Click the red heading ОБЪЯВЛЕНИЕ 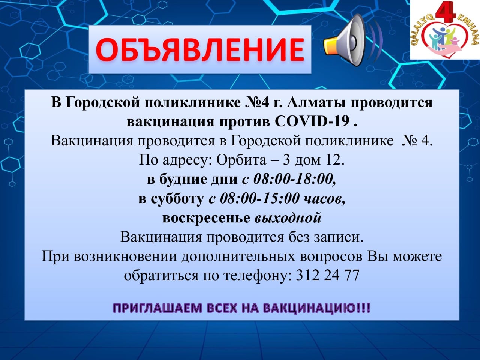[199, 49]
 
